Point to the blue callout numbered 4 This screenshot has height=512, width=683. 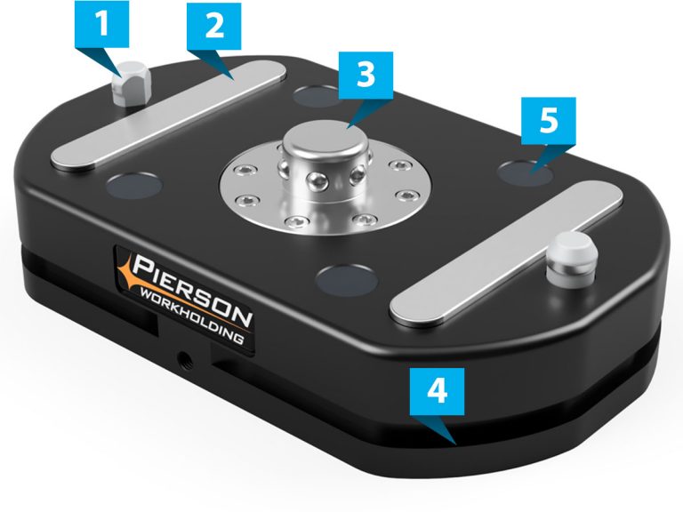434,393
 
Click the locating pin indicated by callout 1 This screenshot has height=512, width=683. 132,82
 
